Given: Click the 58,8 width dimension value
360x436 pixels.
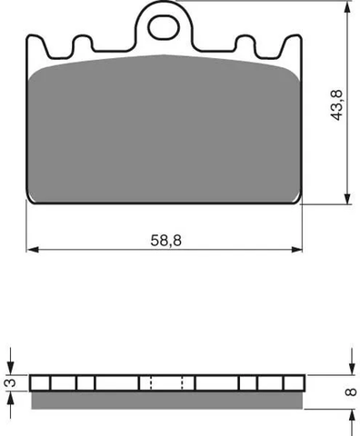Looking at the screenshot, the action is point(166,241).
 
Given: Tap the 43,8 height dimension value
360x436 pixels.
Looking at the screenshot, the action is point(336,105).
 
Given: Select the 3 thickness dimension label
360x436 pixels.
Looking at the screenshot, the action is point(11,382).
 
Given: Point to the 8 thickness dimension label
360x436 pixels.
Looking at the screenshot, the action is point(351,391).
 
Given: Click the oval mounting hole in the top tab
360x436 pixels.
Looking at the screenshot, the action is point(164,27).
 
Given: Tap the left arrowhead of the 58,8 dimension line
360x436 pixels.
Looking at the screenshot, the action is point(33,250).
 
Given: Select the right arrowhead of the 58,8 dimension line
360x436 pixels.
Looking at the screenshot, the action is point(296,250).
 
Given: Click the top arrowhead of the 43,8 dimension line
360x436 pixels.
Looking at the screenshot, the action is point(348,7).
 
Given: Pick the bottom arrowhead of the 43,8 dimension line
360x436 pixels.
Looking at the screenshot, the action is point(348,198).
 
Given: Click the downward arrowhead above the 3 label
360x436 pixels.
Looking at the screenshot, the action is point(11,369).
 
